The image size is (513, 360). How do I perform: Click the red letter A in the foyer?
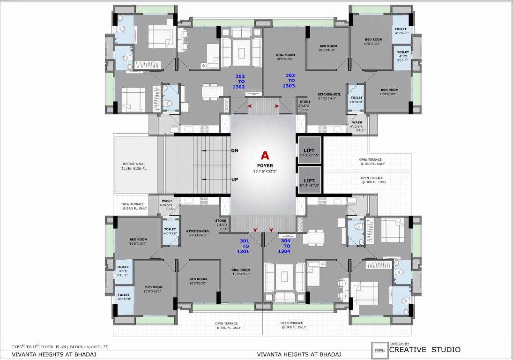coord(265,155)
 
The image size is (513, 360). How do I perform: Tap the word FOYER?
coord(265,165)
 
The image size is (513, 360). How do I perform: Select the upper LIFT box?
coord(309,150)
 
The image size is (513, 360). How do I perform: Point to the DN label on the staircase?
coord(235,151)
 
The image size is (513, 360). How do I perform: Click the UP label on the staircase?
coord(235,180)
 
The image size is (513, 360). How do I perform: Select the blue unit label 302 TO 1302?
coord(240,81)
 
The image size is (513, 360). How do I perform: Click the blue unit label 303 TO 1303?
coord(289,80)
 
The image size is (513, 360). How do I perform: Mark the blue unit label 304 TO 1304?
coord(284,246)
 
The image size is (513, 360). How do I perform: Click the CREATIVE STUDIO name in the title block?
coord(425,349)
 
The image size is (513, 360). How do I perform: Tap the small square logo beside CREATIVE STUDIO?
coord(379,350)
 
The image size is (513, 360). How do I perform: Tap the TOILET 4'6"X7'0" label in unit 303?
coord(401,31)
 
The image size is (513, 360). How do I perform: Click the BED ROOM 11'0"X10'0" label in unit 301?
coord(136,241)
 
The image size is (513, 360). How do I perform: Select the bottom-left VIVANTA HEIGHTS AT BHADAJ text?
coord(54,354)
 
